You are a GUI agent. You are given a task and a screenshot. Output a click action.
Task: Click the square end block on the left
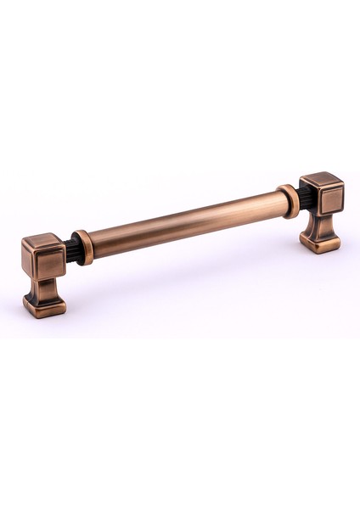(x=44, y=260)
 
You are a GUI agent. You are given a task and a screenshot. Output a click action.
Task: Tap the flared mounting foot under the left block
(x=44, y=304)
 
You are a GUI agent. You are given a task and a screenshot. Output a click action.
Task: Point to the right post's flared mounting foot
(x=320, y=241)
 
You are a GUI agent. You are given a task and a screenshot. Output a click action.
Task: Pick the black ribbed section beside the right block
(x=304, y=199)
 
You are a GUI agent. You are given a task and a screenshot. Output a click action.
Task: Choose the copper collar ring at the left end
(x=82, y=247)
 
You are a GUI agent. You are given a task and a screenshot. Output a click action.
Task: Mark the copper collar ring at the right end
(x=289, y=201)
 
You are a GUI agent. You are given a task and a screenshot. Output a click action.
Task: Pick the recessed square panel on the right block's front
(x=330, y=199)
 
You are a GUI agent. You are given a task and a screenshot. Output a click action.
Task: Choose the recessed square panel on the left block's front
(x=49, y=265)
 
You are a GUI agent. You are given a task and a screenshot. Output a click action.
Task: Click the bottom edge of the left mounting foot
(x=44, y=315)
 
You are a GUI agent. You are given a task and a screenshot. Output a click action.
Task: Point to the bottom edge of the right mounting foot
(x=320, y=251)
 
